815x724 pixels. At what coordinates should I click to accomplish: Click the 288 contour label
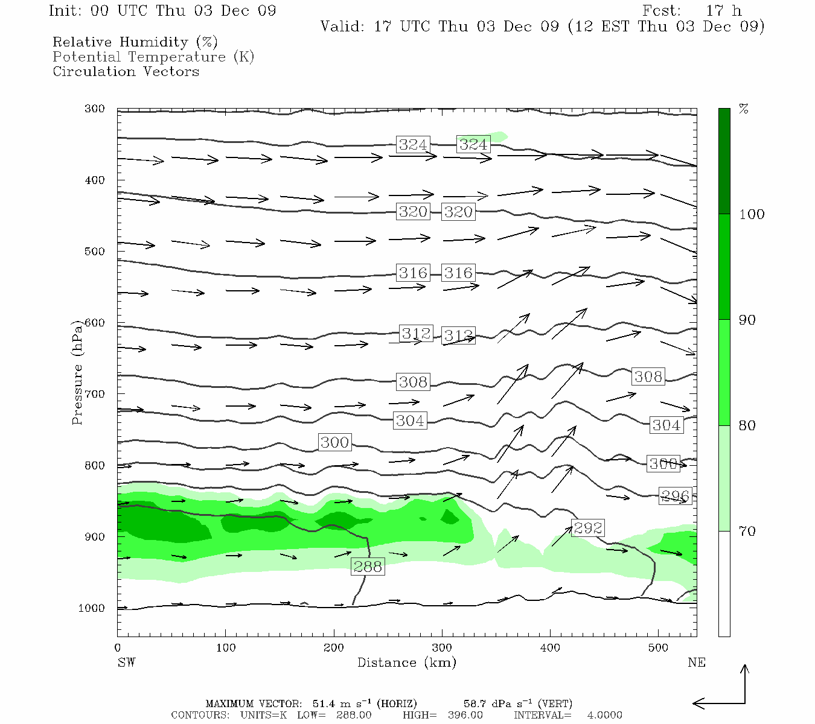pyautogui.click(x=368, y=567)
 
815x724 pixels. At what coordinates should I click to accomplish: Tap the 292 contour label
pyautogui.click(x=587, y=528)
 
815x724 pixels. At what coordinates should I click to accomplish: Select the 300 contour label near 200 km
pyautogui.click(x=334, y=442)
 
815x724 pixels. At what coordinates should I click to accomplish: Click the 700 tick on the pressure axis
pyautogui.click(x=94, y=394)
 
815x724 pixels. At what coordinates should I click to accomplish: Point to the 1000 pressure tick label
pyautogui.click(x=92, y=608)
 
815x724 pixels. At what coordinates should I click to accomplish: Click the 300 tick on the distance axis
pyautogui.click(x=442, y=648)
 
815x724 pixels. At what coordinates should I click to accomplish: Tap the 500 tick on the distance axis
pyautogui.click(x=658, y=648)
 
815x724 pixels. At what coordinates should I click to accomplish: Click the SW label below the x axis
pyautogui.click(x=126, y=662)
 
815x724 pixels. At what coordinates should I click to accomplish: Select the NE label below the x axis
pyautogui.click(x=696, y=662)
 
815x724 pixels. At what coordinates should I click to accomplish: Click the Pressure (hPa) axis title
pyautogui.click(x=77, y=373)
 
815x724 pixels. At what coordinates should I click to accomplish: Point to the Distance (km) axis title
pyautogui.click(x=406, y=662)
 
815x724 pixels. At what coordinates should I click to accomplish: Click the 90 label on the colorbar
pyautogui.click(x=747, y=320)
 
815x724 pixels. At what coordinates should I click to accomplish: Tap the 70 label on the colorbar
pyautogui.click(x=747, y=532)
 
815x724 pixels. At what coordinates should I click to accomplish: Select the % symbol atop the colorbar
pyautogui.click(x=744, y=109)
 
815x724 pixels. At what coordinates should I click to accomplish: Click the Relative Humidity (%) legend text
pyautogui.click(x=135, y=42)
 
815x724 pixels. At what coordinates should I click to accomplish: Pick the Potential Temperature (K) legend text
pyautogui.click(x=153, y=57)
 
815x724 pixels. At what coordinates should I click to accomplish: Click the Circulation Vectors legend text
pyautogui.click(x=126, y=71)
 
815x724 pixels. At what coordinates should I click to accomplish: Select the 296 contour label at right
pyautogui.click(x=675, y=496)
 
